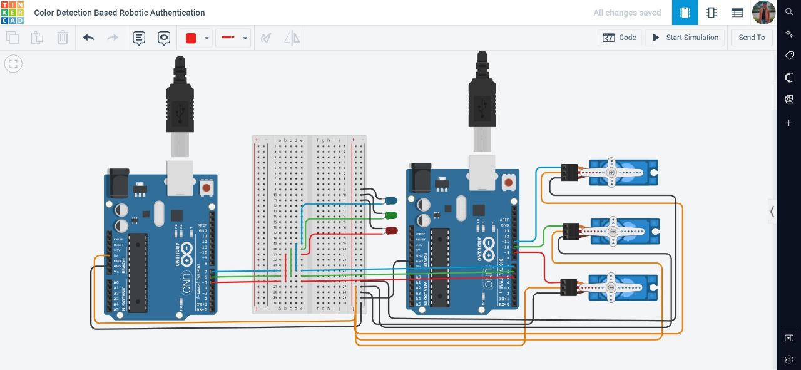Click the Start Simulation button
(685, 38)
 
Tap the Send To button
(752, 38)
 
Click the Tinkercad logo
(13, 13)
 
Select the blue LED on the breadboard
(390, 200)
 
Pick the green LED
(390, 215)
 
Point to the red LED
(391, 231)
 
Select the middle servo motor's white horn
(613, 231)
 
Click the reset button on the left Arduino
(206, 187)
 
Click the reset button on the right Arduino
(508, 182)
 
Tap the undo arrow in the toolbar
(88, 38)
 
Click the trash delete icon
(63, 38)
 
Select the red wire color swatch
(191, 38)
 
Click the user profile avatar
(763, 13)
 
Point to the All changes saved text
(627, 13)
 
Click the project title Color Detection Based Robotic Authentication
(119, 13)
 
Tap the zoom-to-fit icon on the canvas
(13, 63)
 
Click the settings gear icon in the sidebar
(789, 360)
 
